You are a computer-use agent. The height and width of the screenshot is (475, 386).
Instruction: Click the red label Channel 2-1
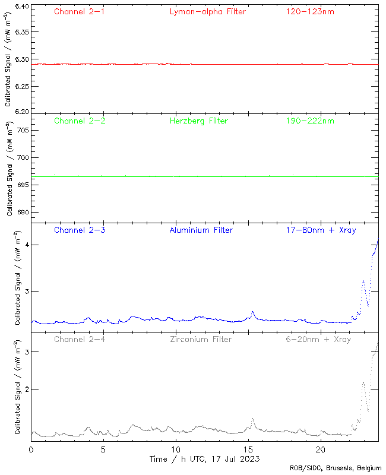80,12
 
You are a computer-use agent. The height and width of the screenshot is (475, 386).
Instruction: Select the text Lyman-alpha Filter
207,12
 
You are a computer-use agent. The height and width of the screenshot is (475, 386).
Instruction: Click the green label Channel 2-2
80,121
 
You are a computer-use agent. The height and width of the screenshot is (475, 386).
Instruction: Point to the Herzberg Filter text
198,121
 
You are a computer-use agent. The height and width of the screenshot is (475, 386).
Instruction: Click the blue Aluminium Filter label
201,230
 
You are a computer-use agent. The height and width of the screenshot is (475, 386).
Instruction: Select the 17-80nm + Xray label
321,230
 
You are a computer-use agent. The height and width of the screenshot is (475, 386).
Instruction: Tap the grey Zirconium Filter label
201,340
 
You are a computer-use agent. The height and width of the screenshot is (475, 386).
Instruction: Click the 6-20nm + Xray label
318,340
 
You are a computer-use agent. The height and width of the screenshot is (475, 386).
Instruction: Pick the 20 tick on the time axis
321,450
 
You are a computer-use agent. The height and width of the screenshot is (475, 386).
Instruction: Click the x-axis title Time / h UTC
204,459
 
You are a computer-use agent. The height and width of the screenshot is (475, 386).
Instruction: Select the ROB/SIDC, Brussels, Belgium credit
336,468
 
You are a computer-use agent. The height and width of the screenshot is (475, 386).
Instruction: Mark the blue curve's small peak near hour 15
253,312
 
